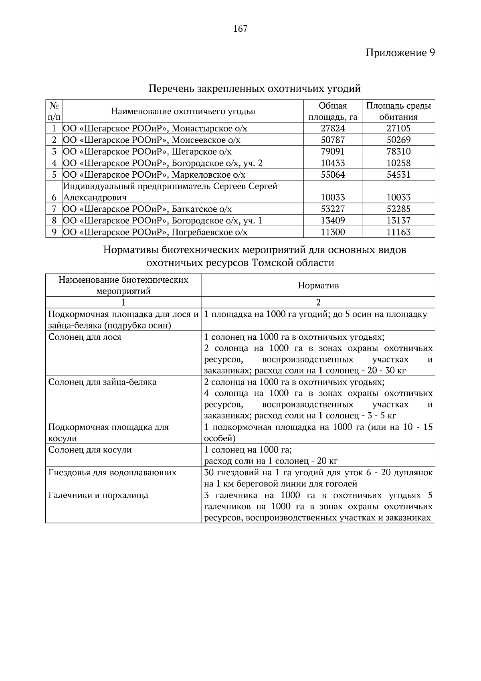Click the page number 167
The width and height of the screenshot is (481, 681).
coord(240,29)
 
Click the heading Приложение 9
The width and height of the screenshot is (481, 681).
coord(400,53)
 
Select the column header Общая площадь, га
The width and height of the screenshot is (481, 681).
coord(332,111)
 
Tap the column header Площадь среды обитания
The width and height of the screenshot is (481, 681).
coord(398,111)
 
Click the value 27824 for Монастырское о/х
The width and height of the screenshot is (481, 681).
coord(333,128)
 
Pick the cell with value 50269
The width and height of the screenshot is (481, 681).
coord(398,140)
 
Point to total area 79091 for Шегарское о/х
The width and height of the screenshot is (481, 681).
coord(333,152)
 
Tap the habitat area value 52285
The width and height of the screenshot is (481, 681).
coord(398,209)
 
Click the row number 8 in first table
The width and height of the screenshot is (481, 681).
coord(54,221)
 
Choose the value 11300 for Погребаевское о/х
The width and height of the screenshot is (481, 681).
coord(333,232)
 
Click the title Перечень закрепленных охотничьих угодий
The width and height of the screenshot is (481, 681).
coord(255,88)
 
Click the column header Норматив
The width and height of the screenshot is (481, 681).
coord(318,286)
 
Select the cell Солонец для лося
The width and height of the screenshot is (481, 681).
coord(85,337)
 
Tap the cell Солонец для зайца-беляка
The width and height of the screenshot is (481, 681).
coord(102,382)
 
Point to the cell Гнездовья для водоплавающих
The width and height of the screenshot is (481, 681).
coord(112,473)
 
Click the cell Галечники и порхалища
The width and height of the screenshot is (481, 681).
coord(98,496)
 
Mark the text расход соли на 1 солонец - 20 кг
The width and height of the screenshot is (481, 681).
coord(271,461)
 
